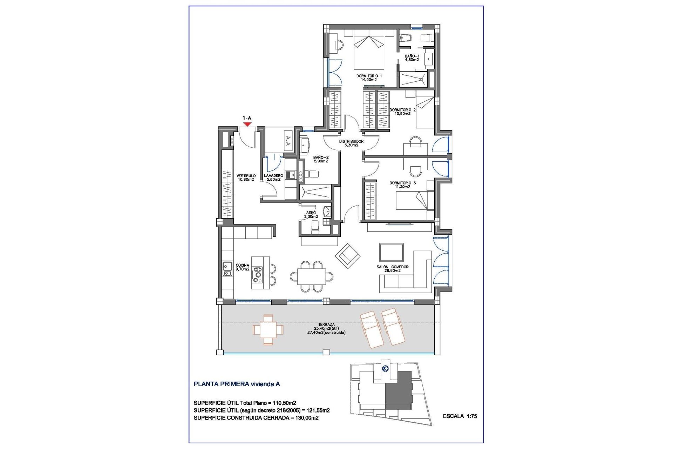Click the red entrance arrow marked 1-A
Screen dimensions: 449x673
(247, 123)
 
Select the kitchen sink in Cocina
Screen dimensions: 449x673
(227, 269)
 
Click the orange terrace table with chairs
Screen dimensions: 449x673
(268, 330)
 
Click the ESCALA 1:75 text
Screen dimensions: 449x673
(460, 416)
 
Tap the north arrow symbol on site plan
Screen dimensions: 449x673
(385, 369)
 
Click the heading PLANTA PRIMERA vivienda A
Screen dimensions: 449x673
(237, 384)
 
